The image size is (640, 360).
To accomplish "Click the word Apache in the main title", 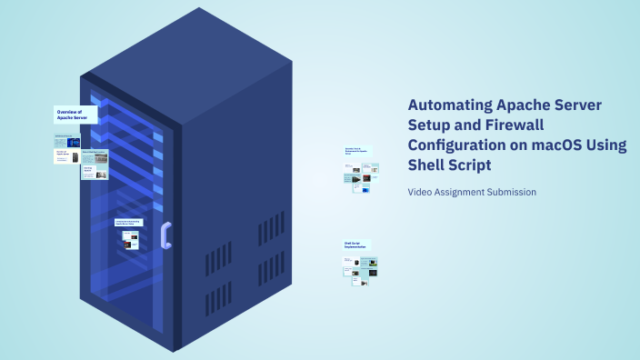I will pyautogui.click(x=526, y=105).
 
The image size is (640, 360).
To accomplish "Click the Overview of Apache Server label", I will pyautogui.click(x=75, y=115).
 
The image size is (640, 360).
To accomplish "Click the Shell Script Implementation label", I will pyautogui.click(x=357, y=245).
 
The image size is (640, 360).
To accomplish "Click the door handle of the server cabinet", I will pyautogui.click(x=165, y=235).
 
